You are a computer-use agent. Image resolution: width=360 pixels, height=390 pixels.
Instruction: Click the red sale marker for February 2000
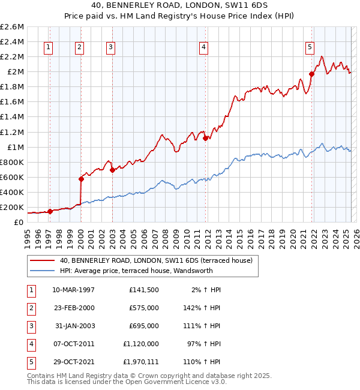[x=81, y=179]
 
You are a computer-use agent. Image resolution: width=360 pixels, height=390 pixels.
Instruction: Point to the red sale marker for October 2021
[x=312, y=74]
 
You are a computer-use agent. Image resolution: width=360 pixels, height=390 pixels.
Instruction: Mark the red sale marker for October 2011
[x=206, y=138]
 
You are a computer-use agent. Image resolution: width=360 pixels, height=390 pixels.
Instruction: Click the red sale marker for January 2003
[x=112, y=170]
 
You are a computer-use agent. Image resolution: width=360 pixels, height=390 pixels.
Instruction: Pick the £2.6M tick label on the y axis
[x=12, y=27]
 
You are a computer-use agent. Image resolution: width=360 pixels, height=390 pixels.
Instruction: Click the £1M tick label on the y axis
[x=14, y=147]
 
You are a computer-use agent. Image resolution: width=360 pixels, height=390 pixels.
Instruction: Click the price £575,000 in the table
[x=144, y=308]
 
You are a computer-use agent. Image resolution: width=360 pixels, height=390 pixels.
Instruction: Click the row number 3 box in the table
[x=30, y=326]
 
